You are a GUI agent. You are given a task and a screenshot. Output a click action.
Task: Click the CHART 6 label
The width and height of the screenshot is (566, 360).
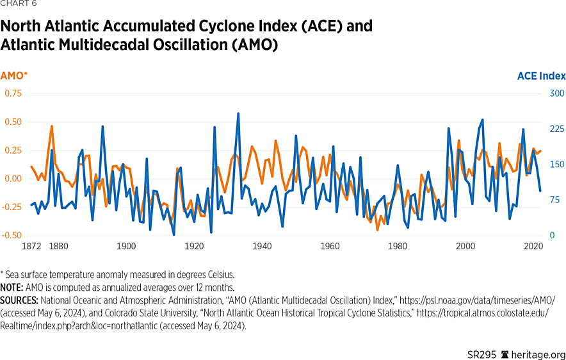[x=19, y=4]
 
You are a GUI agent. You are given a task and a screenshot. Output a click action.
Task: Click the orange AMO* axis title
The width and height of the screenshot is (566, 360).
[x=14, y=76]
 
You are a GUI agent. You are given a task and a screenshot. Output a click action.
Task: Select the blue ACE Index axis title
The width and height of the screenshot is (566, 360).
[x=541, y=76]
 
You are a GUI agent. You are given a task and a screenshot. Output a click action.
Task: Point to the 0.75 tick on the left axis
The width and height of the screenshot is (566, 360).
[x=13, y=94]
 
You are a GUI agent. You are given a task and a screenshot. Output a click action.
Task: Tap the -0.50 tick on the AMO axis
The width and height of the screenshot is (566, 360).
[x=12, y=235]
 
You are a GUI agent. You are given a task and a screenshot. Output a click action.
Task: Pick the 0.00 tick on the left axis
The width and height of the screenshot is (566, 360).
[x=13, y=179]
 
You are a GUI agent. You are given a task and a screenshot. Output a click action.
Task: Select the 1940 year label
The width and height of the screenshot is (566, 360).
[x=262, y=246]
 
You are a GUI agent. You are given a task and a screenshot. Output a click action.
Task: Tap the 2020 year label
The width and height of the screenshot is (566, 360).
[x=533, y=246]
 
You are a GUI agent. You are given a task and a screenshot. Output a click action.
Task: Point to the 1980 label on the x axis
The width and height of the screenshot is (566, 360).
[x=398, y=246]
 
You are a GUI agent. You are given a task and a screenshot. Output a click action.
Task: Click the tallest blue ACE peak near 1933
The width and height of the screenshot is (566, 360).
[x=238, y=113]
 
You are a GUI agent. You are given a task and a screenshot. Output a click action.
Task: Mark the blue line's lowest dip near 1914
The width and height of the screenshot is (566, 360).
[x=174, y=234]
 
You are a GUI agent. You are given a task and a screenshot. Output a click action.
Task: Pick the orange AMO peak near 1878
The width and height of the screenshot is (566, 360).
[x=52, y=126]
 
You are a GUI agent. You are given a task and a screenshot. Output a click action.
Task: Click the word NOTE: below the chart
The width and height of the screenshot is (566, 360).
[x=13, y=288]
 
